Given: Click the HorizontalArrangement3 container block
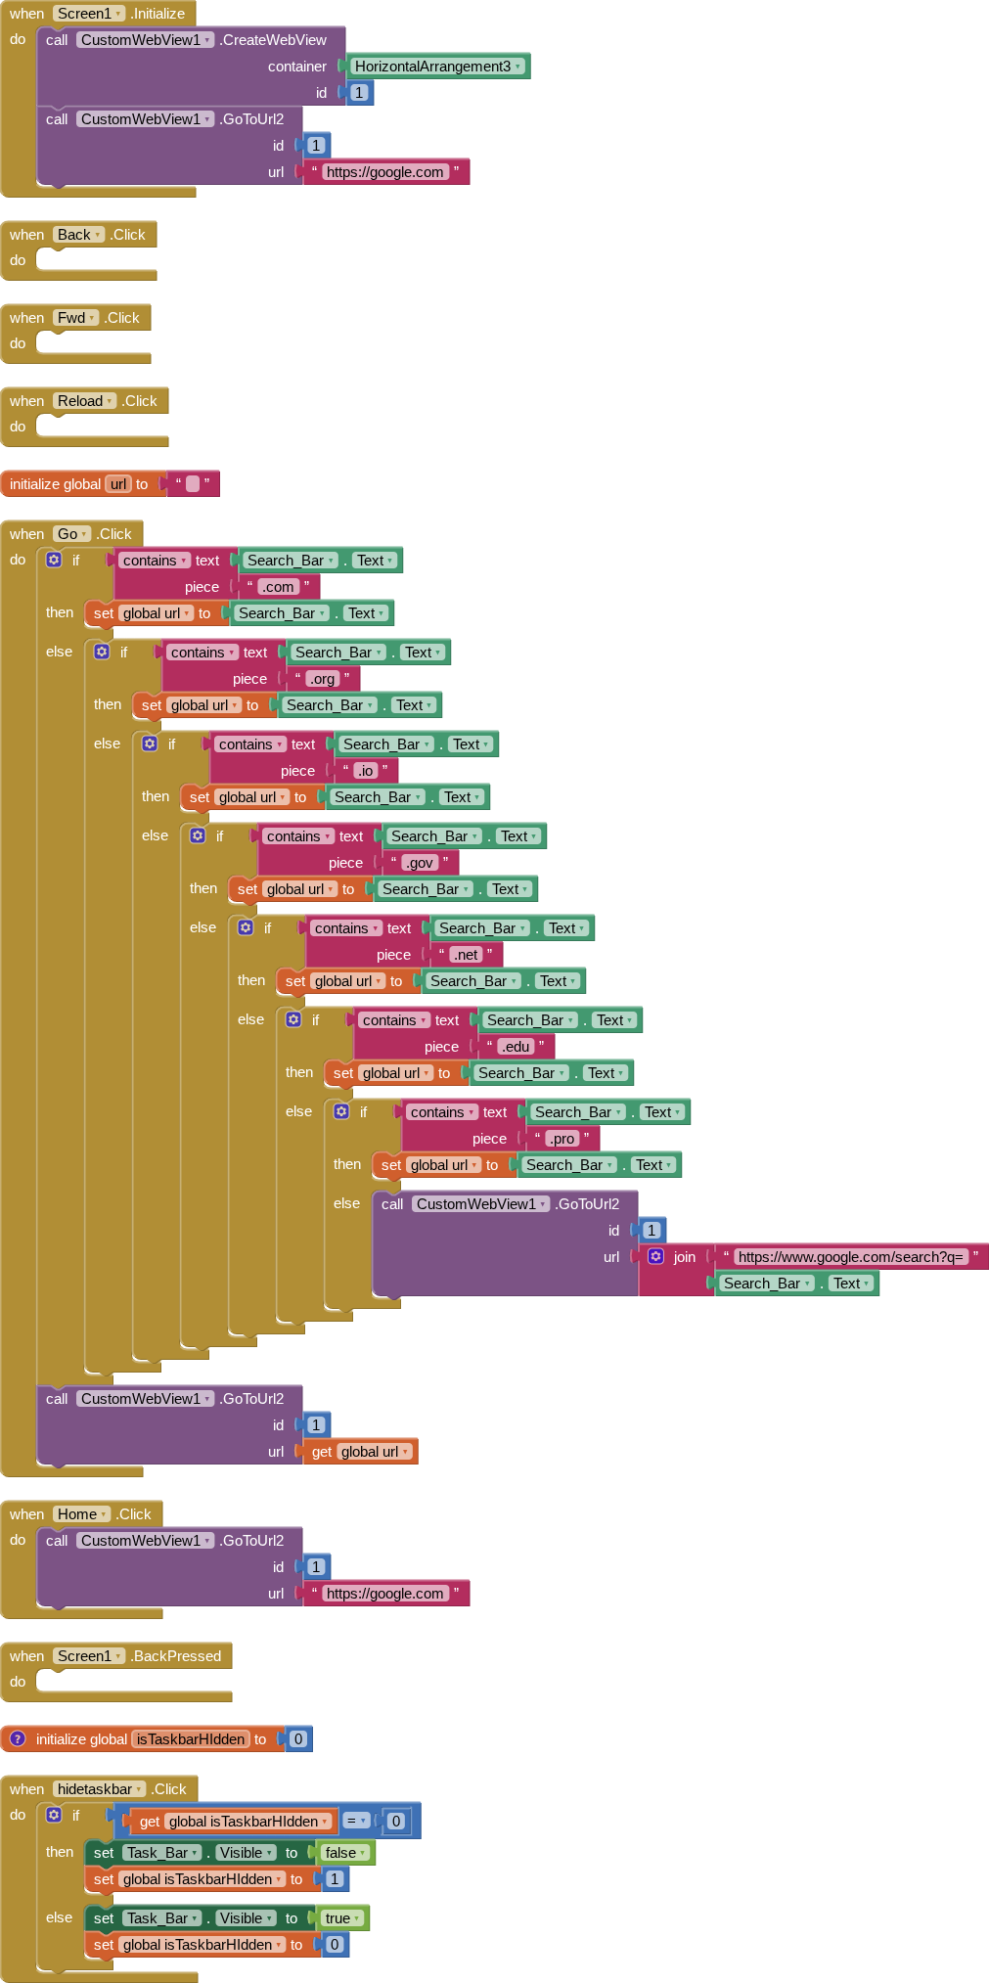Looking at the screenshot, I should (437, 67).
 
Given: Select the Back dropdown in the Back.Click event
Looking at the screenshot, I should (79, 235).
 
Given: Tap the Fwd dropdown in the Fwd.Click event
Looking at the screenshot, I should (76, 318).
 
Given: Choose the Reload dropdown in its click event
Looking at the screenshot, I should (85, 401).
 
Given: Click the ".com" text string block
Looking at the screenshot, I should (278, 587).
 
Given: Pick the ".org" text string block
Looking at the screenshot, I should (323, 679).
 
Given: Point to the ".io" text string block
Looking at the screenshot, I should (365, 771).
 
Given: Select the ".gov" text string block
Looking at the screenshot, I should (420, 863).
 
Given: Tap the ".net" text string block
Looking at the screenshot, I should (466, 955).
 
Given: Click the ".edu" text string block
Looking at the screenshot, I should (516, 1047).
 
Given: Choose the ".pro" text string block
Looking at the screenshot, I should (562, 1139).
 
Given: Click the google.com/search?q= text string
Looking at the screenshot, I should (850, 1257).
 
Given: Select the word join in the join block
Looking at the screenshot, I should (685, 1257).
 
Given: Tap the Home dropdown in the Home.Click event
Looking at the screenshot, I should (82, 1514).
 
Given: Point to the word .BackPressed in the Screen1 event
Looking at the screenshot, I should (177, 1656).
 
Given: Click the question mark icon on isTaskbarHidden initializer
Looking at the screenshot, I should (18, 1738).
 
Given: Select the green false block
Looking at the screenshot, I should (345, 1853).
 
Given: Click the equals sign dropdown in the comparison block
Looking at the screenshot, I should (356, 1821).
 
